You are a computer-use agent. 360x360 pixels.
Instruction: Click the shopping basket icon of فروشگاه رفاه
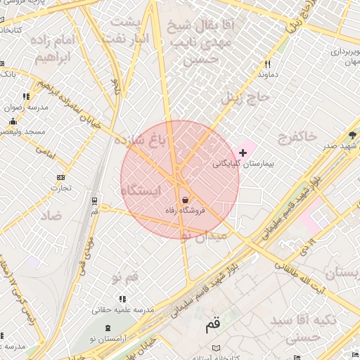click(x=185, y=200)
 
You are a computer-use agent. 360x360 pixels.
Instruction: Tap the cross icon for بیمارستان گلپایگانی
click(x=243, y=153)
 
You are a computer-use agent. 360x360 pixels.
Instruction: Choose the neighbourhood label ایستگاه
click(x=141, y=191)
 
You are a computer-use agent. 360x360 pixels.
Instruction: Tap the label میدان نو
click(x=205, y=235)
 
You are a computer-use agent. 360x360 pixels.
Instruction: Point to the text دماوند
click(x=269, y=73)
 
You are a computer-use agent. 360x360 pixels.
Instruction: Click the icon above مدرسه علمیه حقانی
click(x=123, y=299)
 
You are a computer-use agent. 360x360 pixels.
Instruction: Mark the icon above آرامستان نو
click(x=108, y=328)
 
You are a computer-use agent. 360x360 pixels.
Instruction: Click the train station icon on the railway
click(x=95, y=200)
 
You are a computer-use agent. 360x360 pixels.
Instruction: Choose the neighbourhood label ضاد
click(x=51, y=214)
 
